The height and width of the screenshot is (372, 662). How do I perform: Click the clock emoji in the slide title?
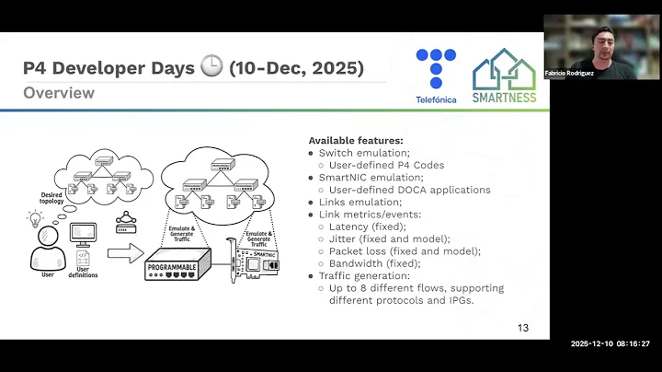click(213, 68)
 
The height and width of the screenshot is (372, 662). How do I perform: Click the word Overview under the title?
click(59, 93)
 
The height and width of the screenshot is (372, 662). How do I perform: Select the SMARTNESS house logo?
click(504, 76)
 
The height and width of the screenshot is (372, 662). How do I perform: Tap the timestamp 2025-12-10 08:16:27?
click(610, 343)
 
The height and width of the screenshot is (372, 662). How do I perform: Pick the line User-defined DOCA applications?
click(409, 190)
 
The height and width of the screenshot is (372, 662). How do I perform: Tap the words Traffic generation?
click(368, 275)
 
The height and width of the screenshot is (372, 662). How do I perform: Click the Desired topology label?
click(51, 200)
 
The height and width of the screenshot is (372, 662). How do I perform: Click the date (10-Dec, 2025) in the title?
click(296, 68)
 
